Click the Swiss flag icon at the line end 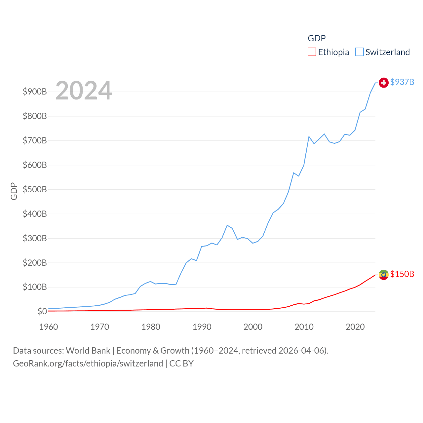[x=383, y=82]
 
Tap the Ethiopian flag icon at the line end [x=383, y=275]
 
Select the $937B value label [x=402, y=82]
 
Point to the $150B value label [x=402, y=274]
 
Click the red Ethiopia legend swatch [x=312, y=52]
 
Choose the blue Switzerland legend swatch [x=359, y=52]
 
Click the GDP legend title [x=317, y=38]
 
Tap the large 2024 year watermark [x=84, y=91]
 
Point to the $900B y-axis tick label [x=35, y=92]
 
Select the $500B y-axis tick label [x=35, y=189]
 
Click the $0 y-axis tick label [x=42, y=311]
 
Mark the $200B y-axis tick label [x=35, y=263]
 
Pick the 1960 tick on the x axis [x=49, y=327]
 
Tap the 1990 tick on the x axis [x=202, y=327]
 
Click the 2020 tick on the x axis [x=355, y=327]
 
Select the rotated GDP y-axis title [x=14, y=191]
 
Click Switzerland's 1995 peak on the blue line [x=227, y=225]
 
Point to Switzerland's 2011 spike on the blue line [x=309, y=136]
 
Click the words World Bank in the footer [x=88, y=350]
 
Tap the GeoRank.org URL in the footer [x=88, y=364]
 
